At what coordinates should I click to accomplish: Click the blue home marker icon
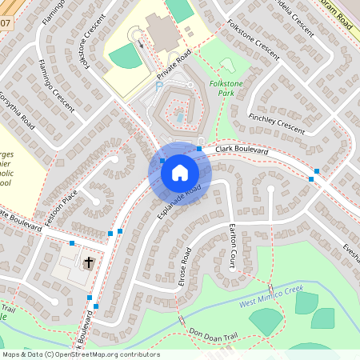click(180, 173)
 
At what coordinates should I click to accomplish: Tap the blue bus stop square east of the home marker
click(198, 150)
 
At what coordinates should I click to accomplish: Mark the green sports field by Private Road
click(125, 56)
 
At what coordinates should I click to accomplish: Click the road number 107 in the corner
click(5, 22)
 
